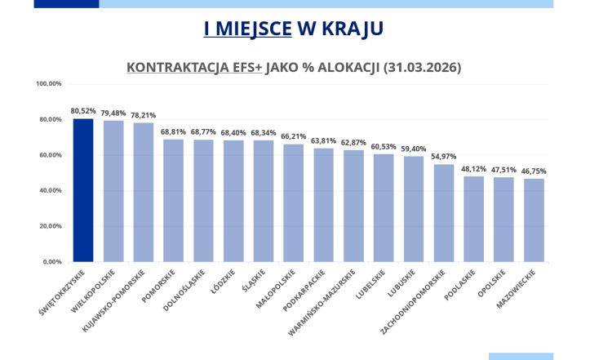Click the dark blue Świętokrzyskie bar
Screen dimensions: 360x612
(83, 190)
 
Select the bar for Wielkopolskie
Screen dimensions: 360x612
(113, 191)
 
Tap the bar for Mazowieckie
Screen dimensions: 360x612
(534, 220)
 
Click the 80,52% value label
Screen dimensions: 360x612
(83, 111)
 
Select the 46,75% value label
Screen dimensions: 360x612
(534, 171)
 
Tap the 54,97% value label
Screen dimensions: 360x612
(444, 157)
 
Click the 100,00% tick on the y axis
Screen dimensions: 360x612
(49, 84)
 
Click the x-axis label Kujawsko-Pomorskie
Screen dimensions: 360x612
(115, 297)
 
